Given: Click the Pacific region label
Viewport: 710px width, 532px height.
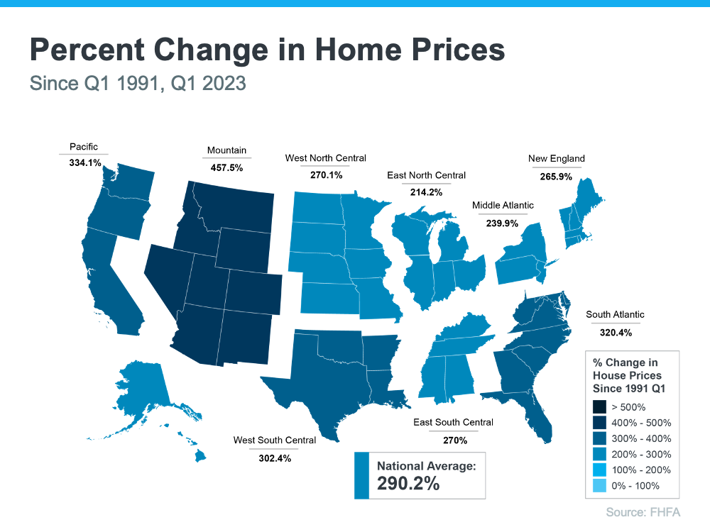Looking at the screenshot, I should (x=84, y=147).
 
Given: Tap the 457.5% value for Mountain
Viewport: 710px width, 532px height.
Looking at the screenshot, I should (x=226, y=168).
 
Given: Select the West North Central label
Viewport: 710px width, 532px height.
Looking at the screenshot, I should (x=325, y=158).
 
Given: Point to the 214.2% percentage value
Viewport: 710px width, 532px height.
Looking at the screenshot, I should (x=426, y=192).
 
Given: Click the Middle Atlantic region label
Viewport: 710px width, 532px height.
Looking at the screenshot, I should (x=503, y=206).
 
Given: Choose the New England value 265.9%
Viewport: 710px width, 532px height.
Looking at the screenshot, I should (x=556, y=177).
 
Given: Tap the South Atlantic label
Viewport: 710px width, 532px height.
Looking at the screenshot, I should (x=615, y=314).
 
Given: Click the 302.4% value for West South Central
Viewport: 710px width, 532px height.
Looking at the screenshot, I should (x=274, y=458).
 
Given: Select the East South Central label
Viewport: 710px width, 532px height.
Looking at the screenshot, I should (x=453, y=423).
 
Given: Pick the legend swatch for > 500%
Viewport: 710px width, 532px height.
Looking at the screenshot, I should (x=599, y=407).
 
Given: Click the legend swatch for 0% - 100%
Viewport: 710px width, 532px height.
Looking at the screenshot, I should (x=599, y=486).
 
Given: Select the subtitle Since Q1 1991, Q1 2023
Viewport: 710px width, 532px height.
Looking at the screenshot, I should (x=138, y=83).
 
